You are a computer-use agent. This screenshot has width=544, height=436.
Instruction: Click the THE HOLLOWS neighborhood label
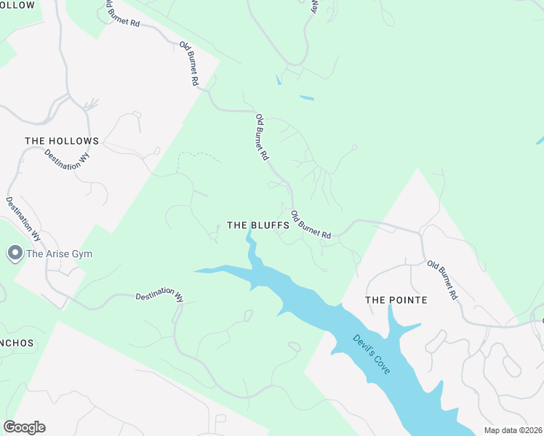[x=62, y=141]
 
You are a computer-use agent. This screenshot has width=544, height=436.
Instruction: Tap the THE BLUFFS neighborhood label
[x=258, y=226]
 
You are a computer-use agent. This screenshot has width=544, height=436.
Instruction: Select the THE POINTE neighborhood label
[x=396, y=300]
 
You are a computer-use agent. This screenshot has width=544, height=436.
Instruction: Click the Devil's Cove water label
[x=372, y=354]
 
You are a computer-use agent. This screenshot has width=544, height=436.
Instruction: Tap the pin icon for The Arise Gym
[x=15, y=253]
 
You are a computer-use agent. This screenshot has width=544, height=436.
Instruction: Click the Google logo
[x=24, y=427]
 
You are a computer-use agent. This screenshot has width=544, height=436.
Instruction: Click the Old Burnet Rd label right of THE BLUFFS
[x=311, y=225]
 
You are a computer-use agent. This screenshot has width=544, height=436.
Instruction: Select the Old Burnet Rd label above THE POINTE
[x=442, y=280]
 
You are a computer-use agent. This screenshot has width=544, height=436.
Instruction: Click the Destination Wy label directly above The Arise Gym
[x=23, y=218]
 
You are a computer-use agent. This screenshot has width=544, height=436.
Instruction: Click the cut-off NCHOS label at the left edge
[x=16, y=343]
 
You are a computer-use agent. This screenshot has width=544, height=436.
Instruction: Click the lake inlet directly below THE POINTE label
[x=396, y=323]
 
